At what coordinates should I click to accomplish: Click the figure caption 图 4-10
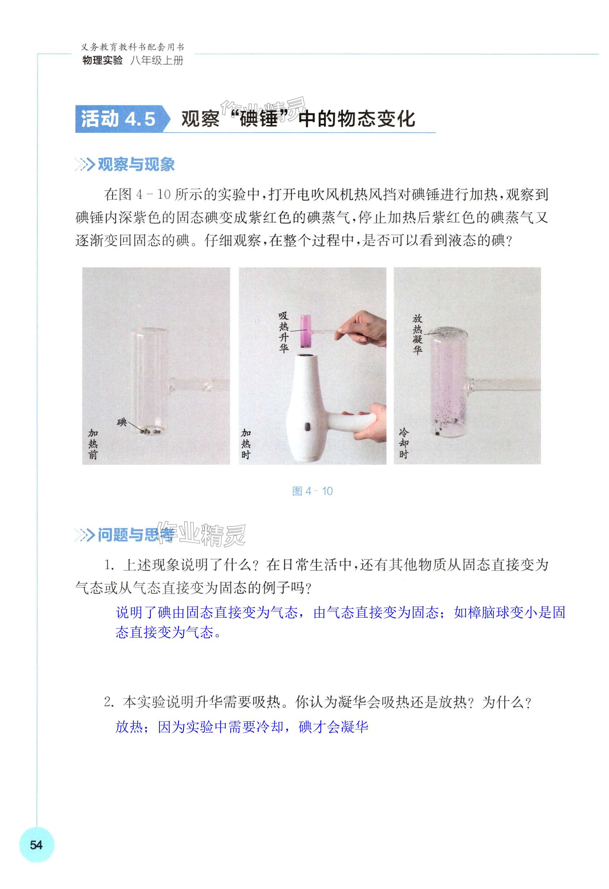click(x=312, y=491)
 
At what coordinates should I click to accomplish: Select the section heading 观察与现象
click(x=136, y=165)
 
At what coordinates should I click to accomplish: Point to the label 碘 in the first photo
click(x=122, y=423)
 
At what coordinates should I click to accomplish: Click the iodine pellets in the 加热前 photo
click(x=150, y=432)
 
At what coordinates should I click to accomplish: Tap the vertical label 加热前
click(x=93, y=444)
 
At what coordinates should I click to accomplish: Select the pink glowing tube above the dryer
click(x=305, y=331)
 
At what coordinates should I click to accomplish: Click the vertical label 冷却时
click(x=404, y=444)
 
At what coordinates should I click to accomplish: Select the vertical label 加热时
click(x=246, y=444)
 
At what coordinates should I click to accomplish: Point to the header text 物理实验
click(x=102, y=60)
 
